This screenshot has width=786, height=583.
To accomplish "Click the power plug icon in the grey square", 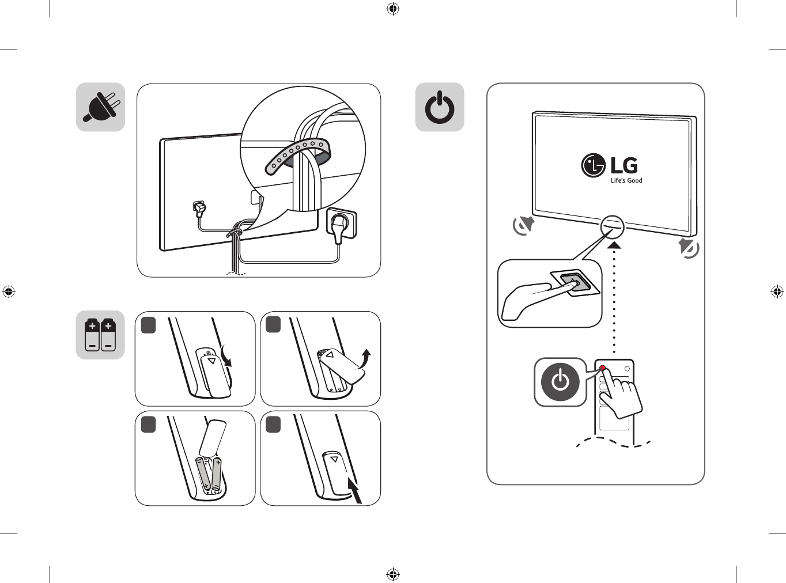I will (x=101, y=107).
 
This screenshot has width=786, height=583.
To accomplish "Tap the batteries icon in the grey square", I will (x=100, y=335).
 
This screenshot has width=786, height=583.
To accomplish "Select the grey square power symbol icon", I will (x=440, y=107).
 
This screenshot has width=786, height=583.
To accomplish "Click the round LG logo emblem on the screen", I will (x=593, y=165).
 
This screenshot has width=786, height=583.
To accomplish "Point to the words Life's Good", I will (x=626, y=180).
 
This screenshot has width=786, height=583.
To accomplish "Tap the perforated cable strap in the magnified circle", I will (x=299, y=154).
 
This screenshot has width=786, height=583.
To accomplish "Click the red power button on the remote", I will (x=603, y=368).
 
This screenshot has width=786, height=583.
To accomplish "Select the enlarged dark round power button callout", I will (x=560, y=382).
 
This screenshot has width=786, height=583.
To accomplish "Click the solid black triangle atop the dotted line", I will (x=614, y=245).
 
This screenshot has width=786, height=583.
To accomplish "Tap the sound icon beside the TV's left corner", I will (x=524, y=225).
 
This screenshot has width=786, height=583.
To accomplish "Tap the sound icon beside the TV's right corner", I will (x=689, y=248).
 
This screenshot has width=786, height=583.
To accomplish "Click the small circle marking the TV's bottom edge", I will (x=612, y=226).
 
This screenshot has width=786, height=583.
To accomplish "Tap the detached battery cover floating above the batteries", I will (x=212, y=438).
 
